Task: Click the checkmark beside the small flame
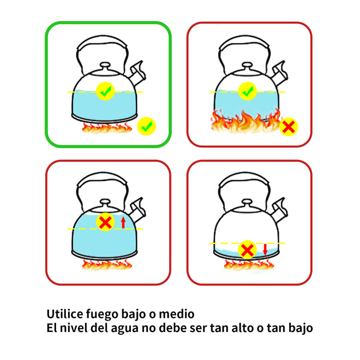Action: point(146,126)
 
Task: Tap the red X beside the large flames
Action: point(289,127)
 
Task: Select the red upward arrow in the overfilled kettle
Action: point(123,222)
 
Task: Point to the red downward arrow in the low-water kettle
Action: point(265,249)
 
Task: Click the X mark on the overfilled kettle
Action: point(105,222)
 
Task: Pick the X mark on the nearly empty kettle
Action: point(247,250)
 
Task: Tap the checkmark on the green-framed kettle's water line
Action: point(105,91)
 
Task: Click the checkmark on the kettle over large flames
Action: point(247,91)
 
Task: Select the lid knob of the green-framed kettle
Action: point(105,66)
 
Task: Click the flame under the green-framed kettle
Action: point(107,128)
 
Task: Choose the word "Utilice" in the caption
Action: point(65,314)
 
